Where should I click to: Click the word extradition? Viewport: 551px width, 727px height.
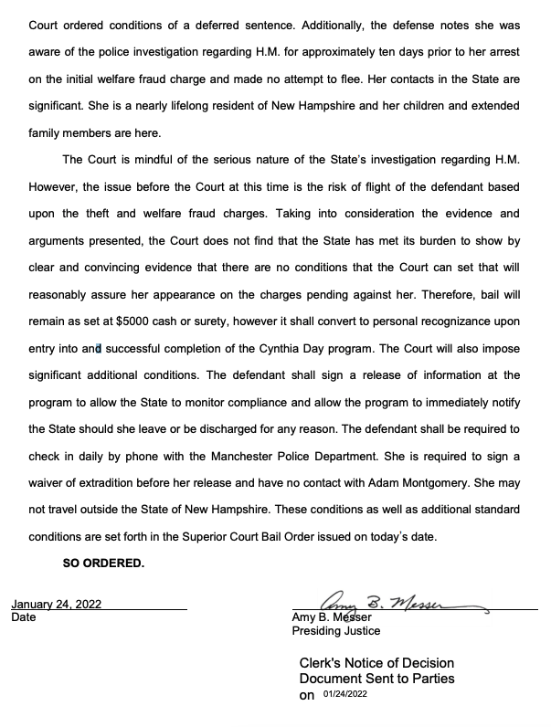(x=119, y=482)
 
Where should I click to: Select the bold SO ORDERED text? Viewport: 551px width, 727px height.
(x=103, y=563)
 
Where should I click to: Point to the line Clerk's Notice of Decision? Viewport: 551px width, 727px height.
(x=376, y=662)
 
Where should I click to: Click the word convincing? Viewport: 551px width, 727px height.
(x=101, y=268)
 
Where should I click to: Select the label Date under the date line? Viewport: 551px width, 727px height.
(x=24, y=616)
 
